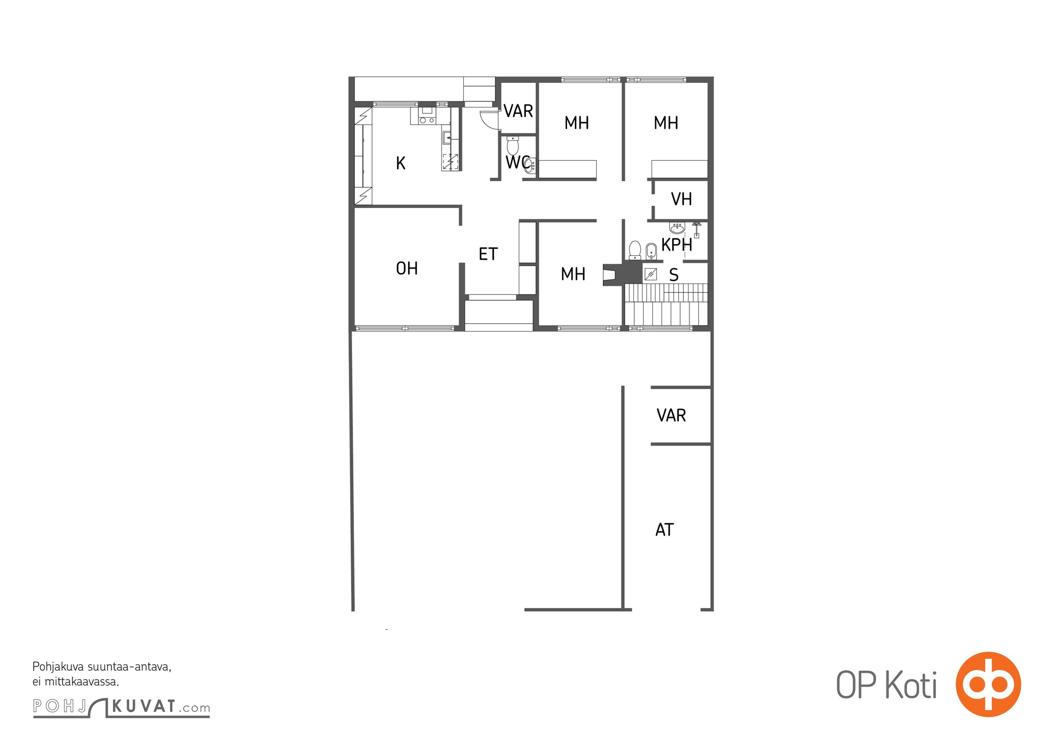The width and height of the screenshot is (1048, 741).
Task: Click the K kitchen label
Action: [x=401, y=163]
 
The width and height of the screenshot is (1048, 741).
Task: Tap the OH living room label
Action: [x=407, y=268]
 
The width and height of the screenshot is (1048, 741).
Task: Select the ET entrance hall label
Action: [x=488, y=254]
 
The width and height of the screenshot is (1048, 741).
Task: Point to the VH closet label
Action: [x=681, y=199]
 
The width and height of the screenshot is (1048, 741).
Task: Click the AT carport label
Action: [x=664, y=529]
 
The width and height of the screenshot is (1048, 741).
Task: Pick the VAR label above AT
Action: [x=671, y=415]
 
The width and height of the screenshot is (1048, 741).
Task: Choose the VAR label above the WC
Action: [x=518, y=111]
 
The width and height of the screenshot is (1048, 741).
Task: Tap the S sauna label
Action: [x=674, y=275]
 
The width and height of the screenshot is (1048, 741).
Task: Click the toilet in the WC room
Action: [x=513, y=145]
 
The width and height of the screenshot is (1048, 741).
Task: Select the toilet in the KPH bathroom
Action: [x=635, y=250]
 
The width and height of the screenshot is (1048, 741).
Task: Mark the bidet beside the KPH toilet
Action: [x=651, y=251]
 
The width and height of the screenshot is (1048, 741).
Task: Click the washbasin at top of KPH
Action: [x=677, y=228]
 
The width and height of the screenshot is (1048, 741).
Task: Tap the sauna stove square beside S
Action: [x=650, y=274]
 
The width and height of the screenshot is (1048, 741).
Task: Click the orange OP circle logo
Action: [x=988, y=684]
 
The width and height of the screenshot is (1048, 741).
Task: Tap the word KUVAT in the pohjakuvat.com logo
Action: [x=144, y=706]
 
